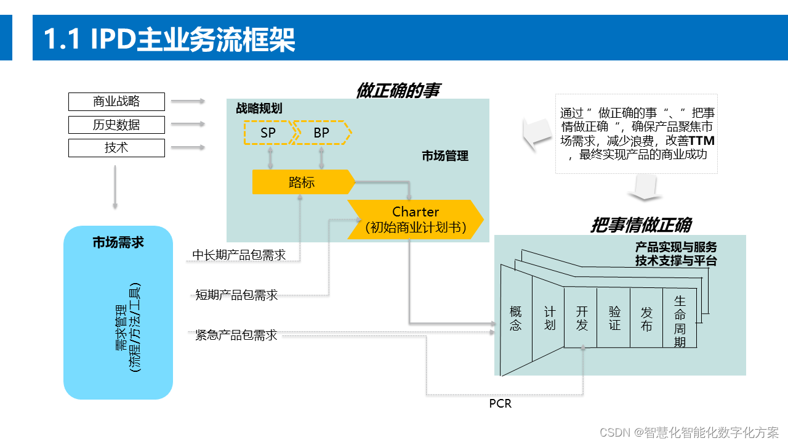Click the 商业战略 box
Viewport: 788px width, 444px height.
coord(116,101)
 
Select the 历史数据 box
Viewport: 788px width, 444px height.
coord(116,125)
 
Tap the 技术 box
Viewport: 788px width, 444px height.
coord(116,148)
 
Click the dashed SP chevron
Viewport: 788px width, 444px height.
coord(268,133)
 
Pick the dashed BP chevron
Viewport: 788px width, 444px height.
coord(321,133)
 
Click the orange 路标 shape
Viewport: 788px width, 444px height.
coord(302,183)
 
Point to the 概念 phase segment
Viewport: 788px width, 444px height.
coord(516,318)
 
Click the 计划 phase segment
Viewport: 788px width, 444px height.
coord(549,318)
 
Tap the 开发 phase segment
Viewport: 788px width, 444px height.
coord(581,318)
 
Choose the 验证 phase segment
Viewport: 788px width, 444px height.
coord(614,318)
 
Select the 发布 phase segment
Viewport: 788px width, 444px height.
coord(646,318)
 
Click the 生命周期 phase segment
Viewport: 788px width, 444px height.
coord(680,321)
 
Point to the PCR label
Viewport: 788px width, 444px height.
coord(500,404)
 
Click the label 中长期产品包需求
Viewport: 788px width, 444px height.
coord(239,255)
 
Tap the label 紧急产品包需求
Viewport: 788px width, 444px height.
coord(236,335)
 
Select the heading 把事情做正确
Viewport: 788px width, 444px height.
coord(640,225)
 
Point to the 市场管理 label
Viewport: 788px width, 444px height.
coord(445,156)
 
